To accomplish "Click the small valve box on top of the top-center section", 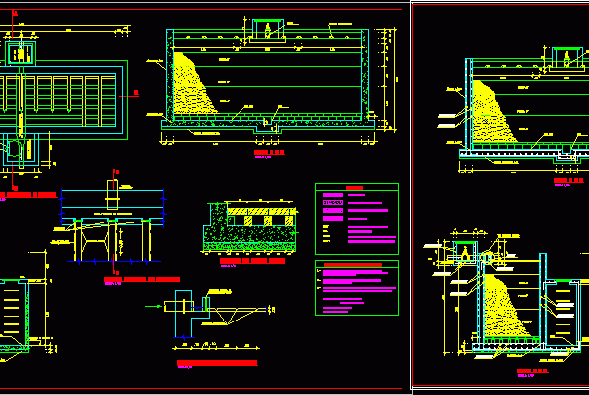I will (x=267, y=29).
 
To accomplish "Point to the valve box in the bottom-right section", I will (x=463, y=253).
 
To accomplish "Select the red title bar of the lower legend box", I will (x=355, y=265).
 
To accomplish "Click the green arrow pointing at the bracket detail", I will (x=154, y=307).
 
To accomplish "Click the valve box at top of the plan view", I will (x=21, y=51).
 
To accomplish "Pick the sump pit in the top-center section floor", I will (x=265, y=123).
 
